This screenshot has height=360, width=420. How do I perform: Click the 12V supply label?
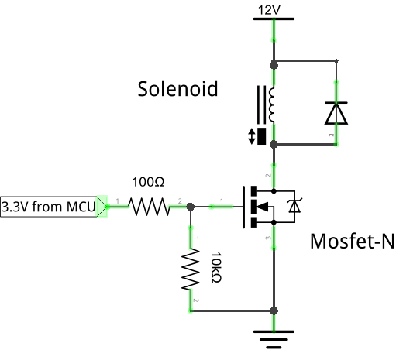pos(269,10)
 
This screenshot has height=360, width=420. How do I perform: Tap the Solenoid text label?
pos(177,89)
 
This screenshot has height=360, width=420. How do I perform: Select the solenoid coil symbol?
pos(271,105)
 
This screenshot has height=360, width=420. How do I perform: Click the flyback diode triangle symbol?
pos(336,113)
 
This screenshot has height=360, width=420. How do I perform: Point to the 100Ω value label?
pos(148,182)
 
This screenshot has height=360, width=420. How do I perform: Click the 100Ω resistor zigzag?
pos(149,207)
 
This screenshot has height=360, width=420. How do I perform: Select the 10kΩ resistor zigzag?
pos(191,269)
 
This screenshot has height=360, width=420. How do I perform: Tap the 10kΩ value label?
pos(216,267)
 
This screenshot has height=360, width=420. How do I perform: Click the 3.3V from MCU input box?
pos(53,207)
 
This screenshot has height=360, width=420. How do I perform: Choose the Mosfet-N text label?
pos(353,242)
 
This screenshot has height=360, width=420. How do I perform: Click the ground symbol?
pos(274,340)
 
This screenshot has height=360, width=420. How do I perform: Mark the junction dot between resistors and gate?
pos(191,207)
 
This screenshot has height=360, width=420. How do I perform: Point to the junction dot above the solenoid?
pos(274,65)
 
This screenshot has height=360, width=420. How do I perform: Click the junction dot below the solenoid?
pos(274,145)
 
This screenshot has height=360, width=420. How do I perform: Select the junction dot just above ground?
pos(274,310)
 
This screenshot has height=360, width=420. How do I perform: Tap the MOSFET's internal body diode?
pos(294,207)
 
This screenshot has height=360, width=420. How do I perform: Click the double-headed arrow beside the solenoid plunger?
pos(252,136)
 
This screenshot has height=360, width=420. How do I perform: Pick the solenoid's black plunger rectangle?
pos(261,136)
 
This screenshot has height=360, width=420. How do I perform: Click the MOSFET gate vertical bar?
pos(243,207)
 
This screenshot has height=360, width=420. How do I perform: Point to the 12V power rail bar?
pos(274,19)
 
